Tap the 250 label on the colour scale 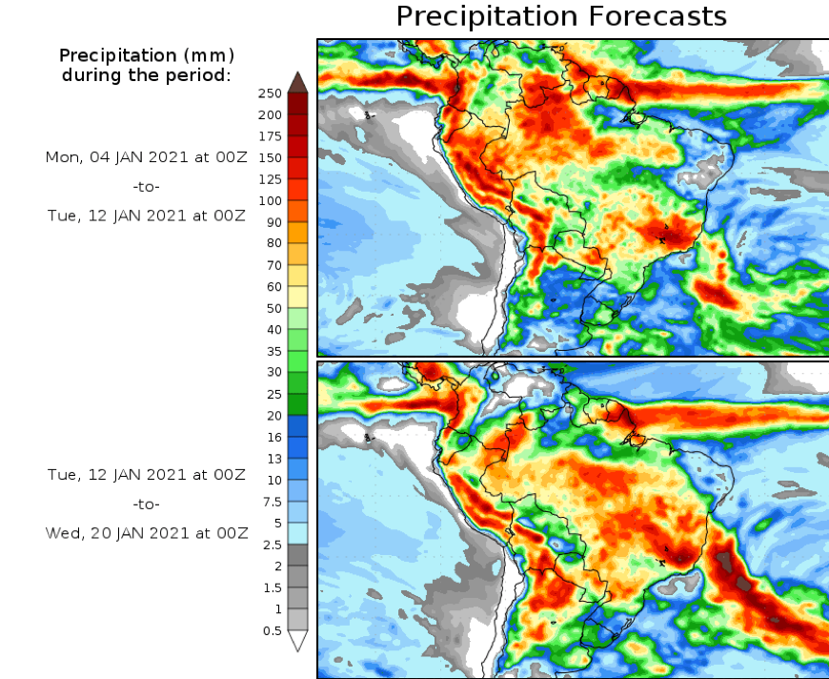pyautogui.click(x=270, y=93)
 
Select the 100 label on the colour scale pyautogui.click(x=270, y=200)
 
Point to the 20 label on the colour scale pyautogui.click(x=273, y=415)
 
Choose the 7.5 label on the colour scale pyautogui.click(x=272, y=502)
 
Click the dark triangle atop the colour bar pyautogui.click(x=297, y=81)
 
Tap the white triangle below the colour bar pyautogui.click(x=297, y=641)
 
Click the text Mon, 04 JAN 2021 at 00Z pyautogui.click(x=147, y=156)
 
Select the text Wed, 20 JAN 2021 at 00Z pyautogui.click(x=147, y=533)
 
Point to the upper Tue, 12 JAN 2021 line pyautogui.click(x=147, y=216)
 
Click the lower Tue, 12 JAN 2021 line pyautogui.click(x=147, y=475)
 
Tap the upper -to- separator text pyautogui.click(x=147, y=187)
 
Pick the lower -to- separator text pyautogui.click(x=147, y=504)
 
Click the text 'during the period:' pyautogui.click(x=147, y=74)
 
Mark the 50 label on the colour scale pyautogui.click(x=273, y=308)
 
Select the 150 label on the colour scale pyautogui.click(x=270, y=157)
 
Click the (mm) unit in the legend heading pyautogui.click(x=209, y=54)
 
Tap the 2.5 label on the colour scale pyautogui.click(x=272, y=545)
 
